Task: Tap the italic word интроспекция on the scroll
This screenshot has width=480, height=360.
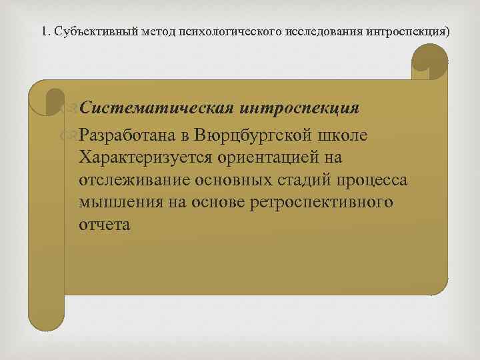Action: click(x=301, y=108)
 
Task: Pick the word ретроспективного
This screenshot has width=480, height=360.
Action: click(x=325, y=203)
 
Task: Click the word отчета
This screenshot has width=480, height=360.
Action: click(x=104, y=225)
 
